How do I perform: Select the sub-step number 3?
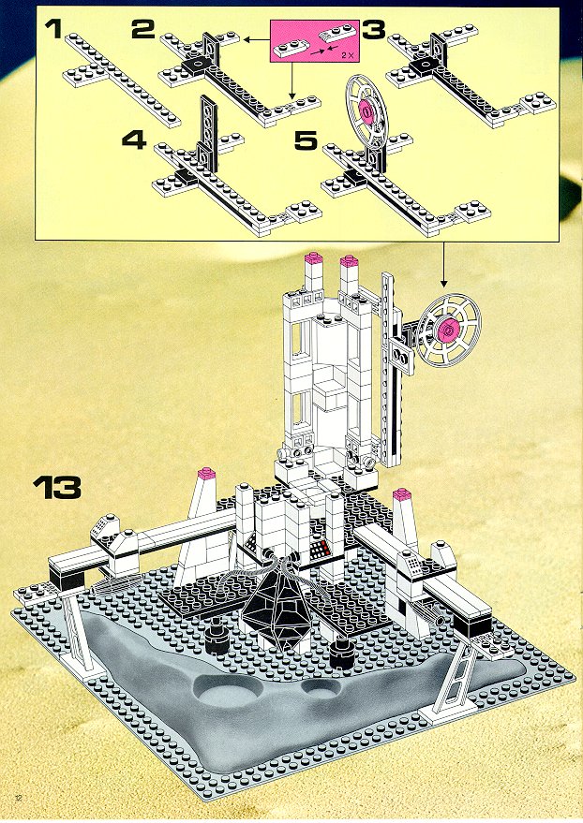point(373,30)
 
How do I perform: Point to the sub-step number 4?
point(134,140)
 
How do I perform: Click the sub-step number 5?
point(306,140)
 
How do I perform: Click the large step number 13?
point(57,488)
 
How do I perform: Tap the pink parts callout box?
point(315,42)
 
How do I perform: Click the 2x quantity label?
point(346,54)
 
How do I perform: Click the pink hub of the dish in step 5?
point(366,111)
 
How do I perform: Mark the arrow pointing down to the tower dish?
point(442,265)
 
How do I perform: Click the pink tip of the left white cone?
point(205,474)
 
